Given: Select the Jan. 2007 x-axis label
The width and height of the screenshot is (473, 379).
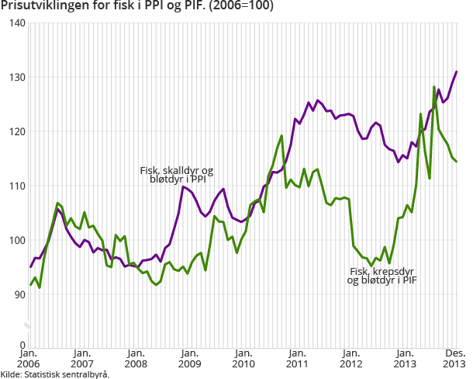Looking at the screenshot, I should point(83,358).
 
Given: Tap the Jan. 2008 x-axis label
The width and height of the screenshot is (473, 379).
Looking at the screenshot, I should point(136,358).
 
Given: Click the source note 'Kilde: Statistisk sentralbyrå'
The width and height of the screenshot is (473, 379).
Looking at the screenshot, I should point(54,374).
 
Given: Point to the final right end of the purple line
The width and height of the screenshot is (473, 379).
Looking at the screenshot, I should point(457,71).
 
